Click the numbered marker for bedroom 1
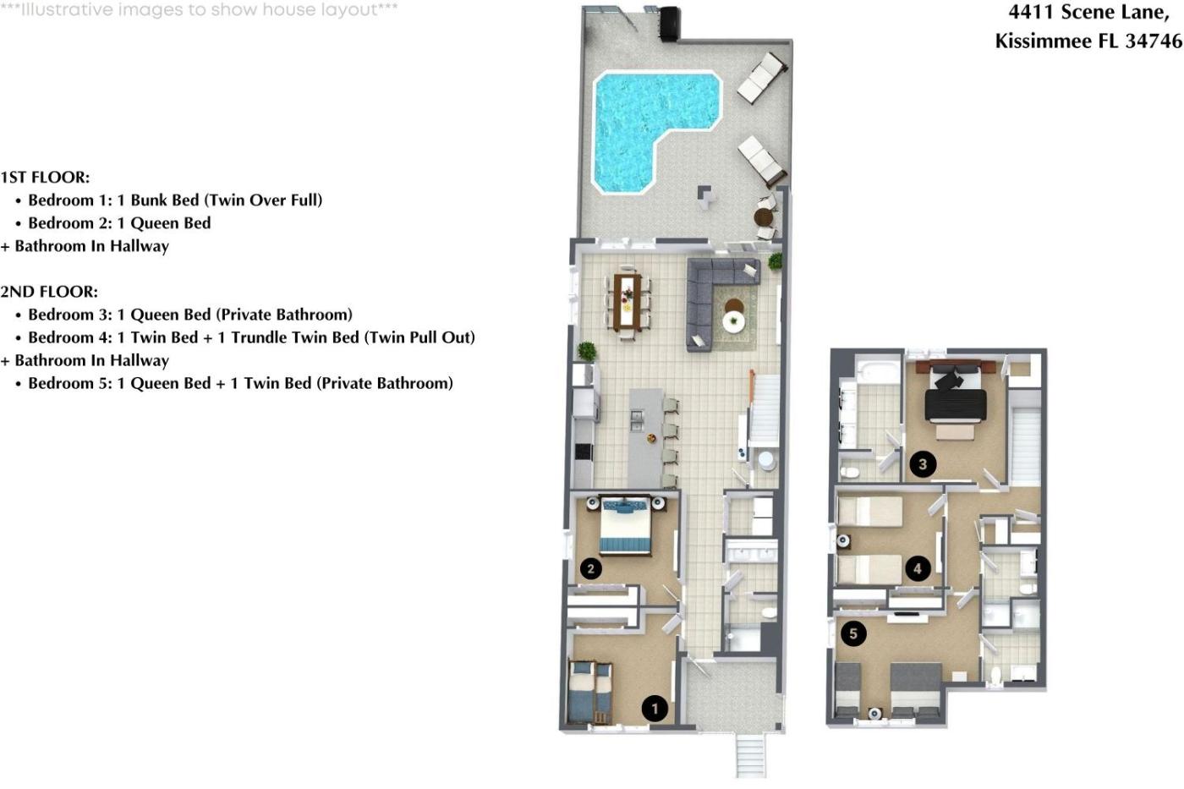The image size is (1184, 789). tap(655, 708)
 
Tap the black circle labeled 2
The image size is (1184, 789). tap(590, 568)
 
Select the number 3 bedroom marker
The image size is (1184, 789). tap(923, 464)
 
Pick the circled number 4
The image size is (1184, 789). tap(918, 568)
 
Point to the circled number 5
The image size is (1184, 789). tap(853, 633)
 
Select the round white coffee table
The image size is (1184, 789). tap(734, 321)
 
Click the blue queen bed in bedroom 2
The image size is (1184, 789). tap(625, 526)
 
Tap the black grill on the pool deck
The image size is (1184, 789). tap(669, 23)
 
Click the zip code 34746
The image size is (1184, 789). tap(1154, 41)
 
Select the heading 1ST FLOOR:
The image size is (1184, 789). tap(45, 177)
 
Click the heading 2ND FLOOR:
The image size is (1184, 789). tap(49, 292)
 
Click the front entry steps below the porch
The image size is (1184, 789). tap(751, 756)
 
